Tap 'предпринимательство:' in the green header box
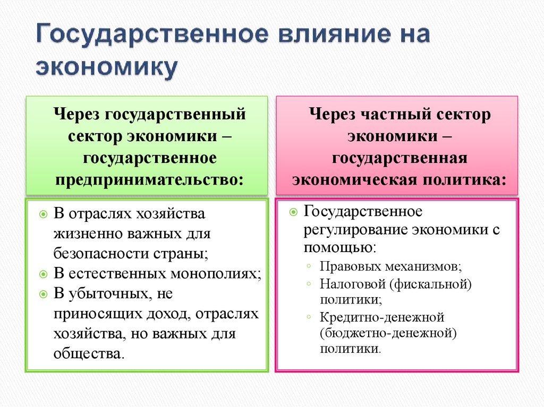pyautogui.click(x=148, y=179)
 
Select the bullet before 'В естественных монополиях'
pyautogui.click(x=44, y=274)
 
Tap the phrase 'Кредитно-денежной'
pyautogui.click(x=381, y=317)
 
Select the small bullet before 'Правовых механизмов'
pyautogui.click(x=309, y=265)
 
